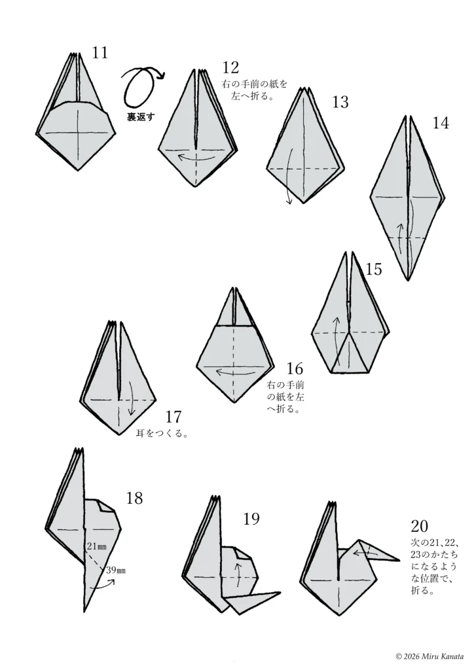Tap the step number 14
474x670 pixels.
click(x=441, y=123)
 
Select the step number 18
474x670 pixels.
click(x=135, y=498)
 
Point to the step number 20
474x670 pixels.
click(x=419, y=525)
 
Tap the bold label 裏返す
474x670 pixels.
click(x=141, y=116)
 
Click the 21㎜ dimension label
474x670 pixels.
click(x=97, y=546)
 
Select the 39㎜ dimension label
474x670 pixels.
click(x=116, y=570)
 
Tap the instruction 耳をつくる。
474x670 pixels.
click(x=162, y=433)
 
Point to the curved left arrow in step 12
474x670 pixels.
click(x=196, y=160)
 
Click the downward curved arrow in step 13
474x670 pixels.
click(x=289, y=175)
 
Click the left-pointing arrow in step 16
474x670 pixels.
click(x=233, y=372)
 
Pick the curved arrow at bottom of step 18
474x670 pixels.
click(x=104, y=586)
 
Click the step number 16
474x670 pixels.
click(x=295, y=368)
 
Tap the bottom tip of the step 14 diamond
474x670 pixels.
click(x=408, y=280)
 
